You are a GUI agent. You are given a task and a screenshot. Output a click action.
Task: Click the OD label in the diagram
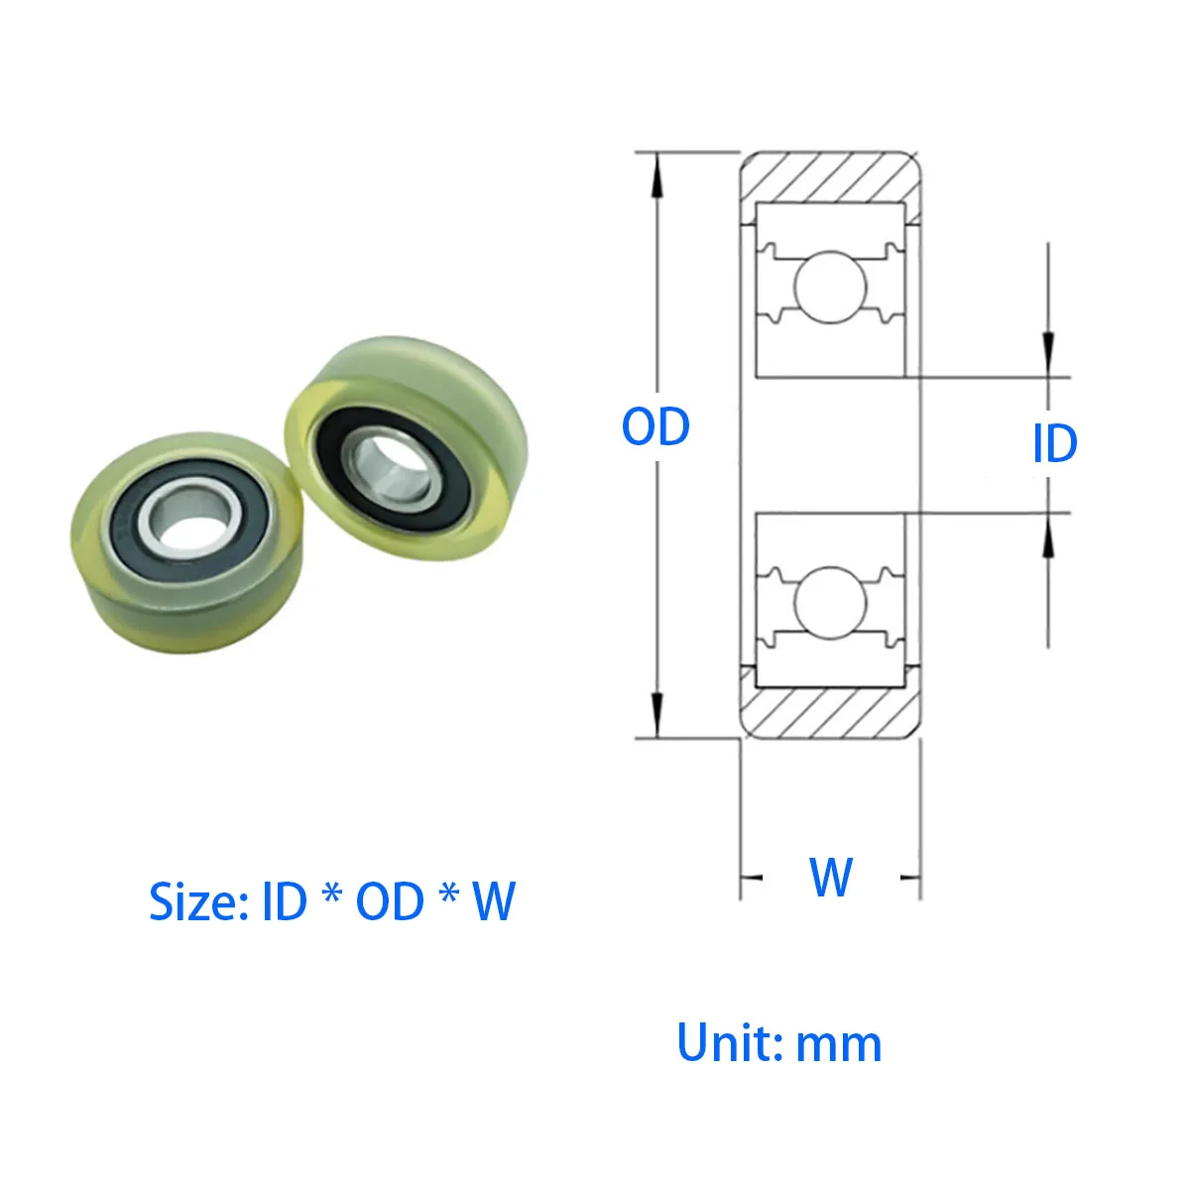click(x=654, y=427)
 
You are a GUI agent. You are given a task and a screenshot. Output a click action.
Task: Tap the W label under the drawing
click(x=831, y=877)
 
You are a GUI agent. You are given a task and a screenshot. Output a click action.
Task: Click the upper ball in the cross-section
click(x=831, y=288)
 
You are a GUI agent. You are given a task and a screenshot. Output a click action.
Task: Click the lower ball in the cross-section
click(x=831, y=602)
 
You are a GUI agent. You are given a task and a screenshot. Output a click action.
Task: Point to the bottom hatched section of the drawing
click(x=831, y=713)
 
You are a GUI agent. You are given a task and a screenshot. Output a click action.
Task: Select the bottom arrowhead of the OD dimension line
click(x=655, y=718)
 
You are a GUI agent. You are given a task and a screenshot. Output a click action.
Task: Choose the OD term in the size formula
click(x=390, y=901)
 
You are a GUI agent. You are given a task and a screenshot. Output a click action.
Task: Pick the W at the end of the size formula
click(x=493, y=901)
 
